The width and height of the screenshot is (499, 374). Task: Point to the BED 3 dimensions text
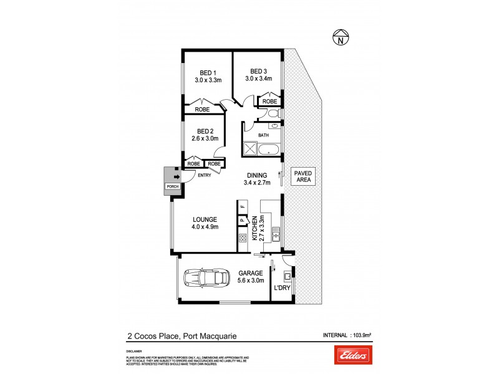point(259,79)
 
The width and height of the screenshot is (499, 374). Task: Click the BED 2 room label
point(205,131)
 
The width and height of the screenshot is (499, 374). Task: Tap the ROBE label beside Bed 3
point(269,101)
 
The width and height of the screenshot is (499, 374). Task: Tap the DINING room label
point(256,175)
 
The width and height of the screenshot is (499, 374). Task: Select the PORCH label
point(172,186)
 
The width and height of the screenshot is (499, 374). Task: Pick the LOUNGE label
point(204,219)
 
